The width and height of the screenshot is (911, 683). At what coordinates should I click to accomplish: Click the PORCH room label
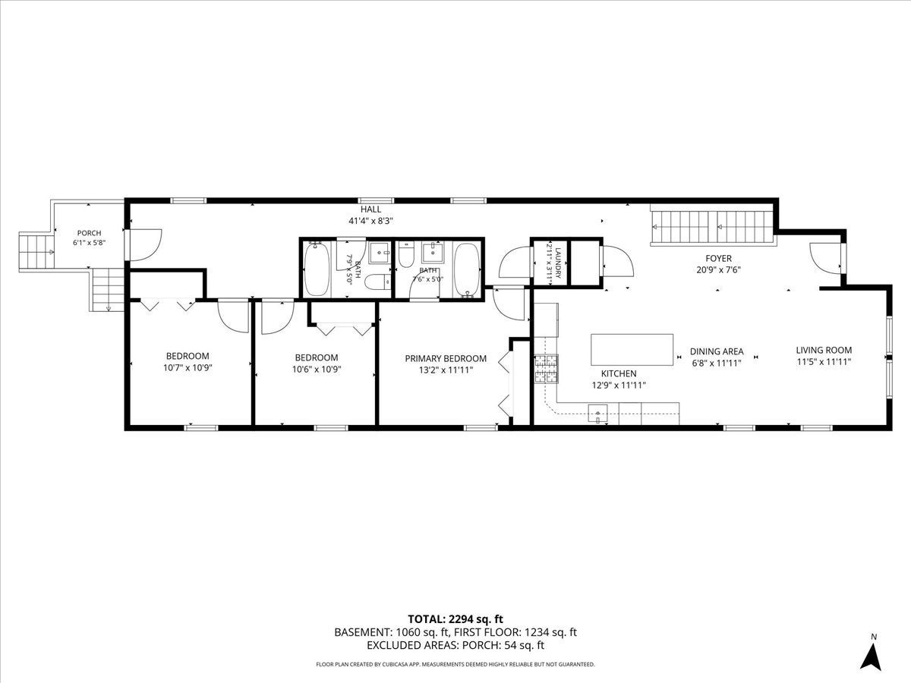pyautogui.click(x=90, y=233)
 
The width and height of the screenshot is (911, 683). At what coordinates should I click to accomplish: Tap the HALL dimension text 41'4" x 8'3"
pyautogui.click(x=370, y=221)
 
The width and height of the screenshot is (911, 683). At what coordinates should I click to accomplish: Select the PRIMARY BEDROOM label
pyautogui.click(x=446, y=358)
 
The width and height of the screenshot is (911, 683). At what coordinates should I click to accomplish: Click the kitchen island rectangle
pyautogui.click(x=632, y=350)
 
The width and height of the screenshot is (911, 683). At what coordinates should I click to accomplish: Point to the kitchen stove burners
pyautogui.click(x=546, y=369)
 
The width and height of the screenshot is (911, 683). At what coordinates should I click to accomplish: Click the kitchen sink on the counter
pyautogui.click(x=597, y=414)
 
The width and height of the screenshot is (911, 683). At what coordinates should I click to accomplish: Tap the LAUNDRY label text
pyautogui.click(x=558, y=263)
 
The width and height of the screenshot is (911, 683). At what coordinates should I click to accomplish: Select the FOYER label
pyautogui.click(x=718, y=258)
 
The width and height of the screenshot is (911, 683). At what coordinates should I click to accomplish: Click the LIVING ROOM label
pyautogui.click(x=824, y=350)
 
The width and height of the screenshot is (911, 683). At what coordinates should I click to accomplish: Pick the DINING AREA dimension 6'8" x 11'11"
pyautogui.click(x=717, y=364)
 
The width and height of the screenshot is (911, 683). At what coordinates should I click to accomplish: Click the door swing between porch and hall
pyautogui.click(x=145, y=244)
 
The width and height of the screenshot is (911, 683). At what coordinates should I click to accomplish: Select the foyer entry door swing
pyautogui.click(x=826, y=258)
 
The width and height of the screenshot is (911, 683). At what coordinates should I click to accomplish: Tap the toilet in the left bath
pyautogui.click(x=377, y=282)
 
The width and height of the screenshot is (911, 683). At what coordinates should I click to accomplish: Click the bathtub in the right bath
pyautogui.click(x=468, y=269)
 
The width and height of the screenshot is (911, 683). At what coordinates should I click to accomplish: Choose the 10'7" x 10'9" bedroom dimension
pyautogui.click(x=188, y=367)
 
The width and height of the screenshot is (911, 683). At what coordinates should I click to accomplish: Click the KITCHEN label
pyautogui.click(x=619, y=373)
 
